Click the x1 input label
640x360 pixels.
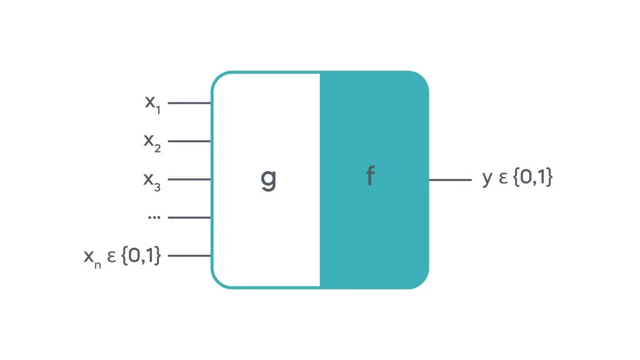(153, 104)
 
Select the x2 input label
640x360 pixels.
(152, 142)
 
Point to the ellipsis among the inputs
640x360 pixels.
(154, 217)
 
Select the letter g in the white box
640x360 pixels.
(268, 179)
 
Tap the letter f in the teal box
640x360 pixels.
(370, 177)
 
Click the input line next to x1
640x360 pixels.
(189, 103)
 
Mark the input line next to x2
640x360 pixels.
(189, 141)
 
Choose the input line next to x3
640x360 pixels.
(189, 179)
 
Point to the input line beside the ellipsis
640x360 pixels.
(189, 217)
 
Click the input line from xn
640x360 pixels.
(189, 256)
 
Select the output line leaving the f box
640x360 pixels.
(450, 180)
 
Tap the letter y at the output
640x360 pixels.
(487, 179)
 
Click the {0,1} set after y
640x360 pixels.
(532, 178)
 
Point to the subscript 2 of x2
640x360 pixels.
(157, 148)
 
